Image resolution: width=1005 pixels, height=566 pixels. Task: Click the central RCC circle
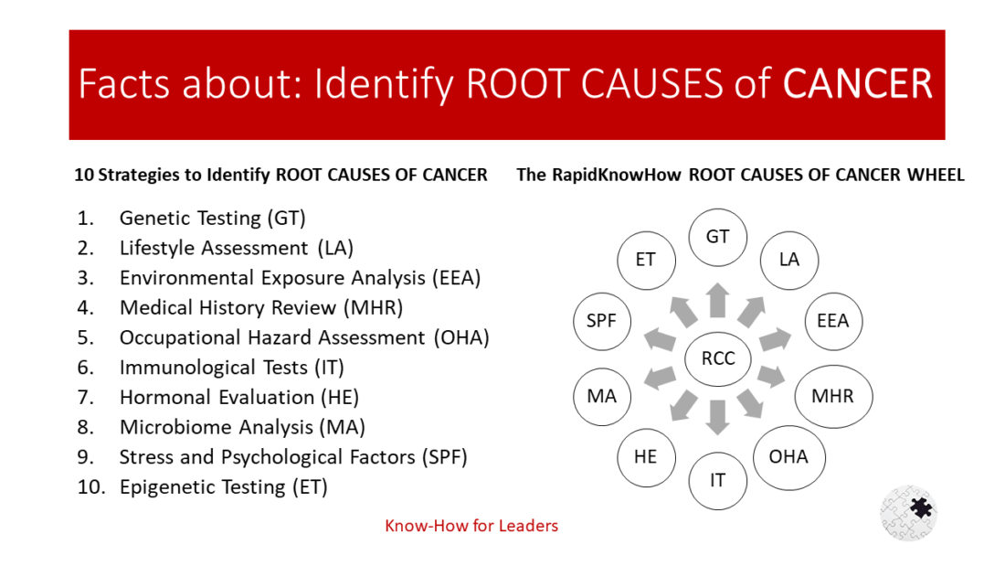click(x=717, y=358)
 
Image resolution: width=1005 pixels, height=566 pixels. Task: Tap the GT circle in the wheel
click(x=717, y=237)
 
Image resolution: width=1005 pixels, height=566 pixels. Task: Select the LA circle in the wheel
click(x=788, y=260)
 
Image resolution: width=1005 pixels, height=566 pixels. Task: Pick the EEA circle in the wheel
click(x=832, y=321)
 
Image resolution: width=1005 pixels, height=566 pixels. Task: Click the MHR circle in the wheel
click(x=831, y=397)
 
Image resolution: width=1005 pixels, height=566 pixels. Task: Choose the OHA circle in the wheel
click(x=788, y=455)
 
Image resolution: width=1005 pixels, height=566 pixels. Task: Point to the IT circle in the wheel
click(x=717, y=479)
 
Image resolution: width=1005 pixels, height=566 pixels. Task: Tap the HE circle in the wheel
click(x=645, y=455)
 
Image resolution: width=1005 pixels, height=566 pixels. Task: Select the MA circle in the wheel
click(x=602, y=397)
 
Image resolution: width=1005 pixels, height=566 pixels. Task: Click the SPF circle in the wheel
click(x=601, y=321)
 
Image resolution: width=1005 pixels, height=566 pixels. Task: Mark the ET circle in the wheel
click(x=645, y=260)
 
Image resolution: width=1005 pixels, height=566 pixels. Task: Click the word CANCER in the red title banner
click(x=858, y=84)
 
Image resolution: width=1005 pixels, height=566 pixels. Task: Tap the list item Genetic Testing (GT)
click(x=212, y=218)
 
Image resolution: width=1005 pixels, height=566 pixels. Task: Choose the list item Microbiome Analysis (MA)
click(x=242, y=427)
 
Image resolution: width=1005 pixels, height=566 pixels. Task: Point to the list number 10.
click(x=91, y=487)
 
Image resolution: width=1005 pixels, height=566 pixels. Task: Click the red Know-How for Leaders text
click(x=471, y=526)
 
